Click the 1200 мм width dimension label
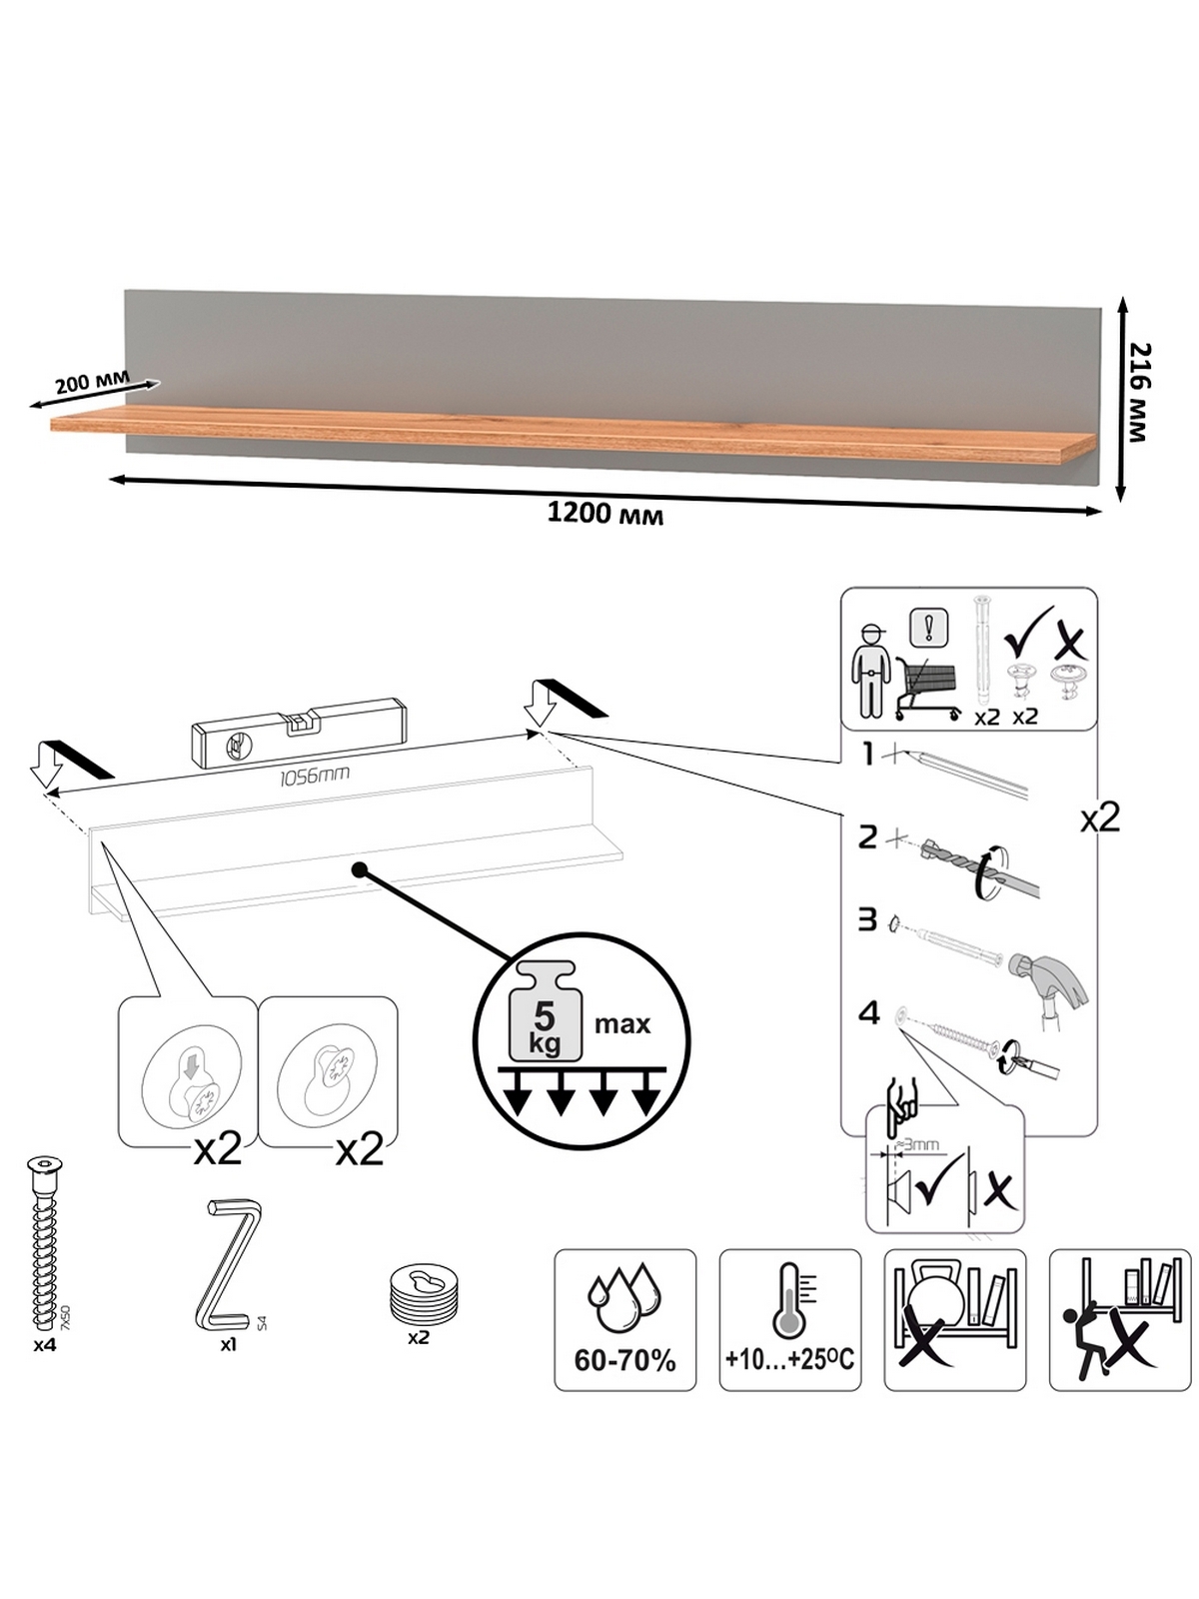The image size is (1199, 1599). click(604, 514)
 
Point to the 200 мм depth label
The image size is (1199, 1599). click(92, 381)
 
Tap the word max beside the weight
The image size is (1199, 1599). click(621, 1024)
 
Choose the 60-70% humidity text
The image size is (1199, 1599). click(624, 1360)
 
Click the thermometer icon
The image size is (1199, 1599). click(791, 1298)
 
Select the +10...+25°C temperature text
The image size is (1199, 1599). click(790, 1359)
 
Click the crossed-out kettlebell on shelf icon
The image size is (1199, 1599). click(953, 1319)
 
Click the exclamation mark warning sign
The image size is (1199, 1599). click(929, 628)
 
